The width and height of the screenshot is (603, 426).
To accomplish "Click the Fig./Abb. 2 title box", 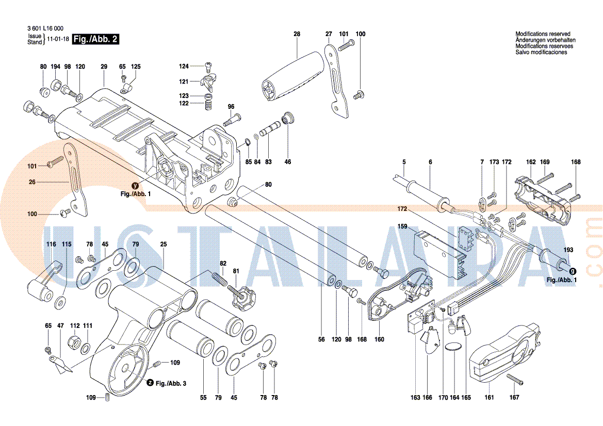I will (x=96, y=39).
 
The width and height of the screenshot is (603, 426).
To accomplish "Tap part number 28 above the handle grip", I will (x=297, y=34).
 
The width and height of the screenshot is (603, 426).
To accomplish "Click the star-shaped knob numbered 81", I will (x=242, y=297).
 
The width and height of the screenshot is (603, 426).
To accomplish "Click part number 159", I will (x=402, y=226).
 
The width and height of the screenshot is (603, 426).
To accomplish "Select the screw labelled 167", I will (x=515, y=380).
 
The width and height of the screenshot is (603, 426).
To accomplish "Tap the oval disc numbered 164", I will (x=453, y=348).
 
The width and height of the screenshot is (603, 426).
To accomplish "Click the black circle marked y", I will (x=135, y=186).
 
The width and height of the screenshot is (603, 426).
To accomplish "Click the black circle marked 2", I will (x=150, y=383).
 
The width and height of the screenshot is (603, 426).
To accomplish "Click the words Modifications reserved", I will (x=543, y=34).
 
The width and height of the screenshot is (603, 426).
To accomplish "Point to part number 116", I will (x=51, y=244).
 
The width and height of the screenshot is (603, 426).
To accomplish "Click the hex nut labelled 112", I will (x=75, y=342).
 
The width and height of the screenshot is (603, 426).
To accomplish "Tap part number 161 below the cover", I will (x=489, y=397).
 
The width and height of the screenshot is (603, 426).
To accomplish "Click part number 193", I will (x=568, y=250).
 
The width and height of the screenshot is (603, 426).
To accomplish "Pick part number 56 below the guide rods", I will (x=321, y=339).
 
